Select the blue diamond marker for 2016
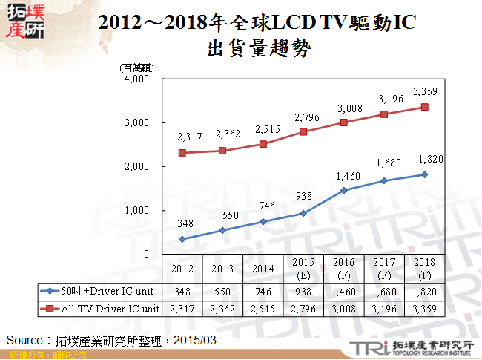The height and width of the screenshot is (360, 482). click(343, 190)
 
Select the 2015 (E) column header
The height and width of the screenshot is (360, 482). click(303, 268)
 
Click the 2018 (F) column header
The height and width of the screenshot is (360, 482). click(424, 268)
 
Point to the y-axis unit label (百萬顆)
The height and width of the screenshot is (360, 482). click(136, 68)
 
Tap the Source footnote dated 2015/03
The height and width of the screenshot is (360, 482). click(112, 339)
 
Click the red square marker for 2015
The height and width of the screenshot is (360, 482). click(303, 131)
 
